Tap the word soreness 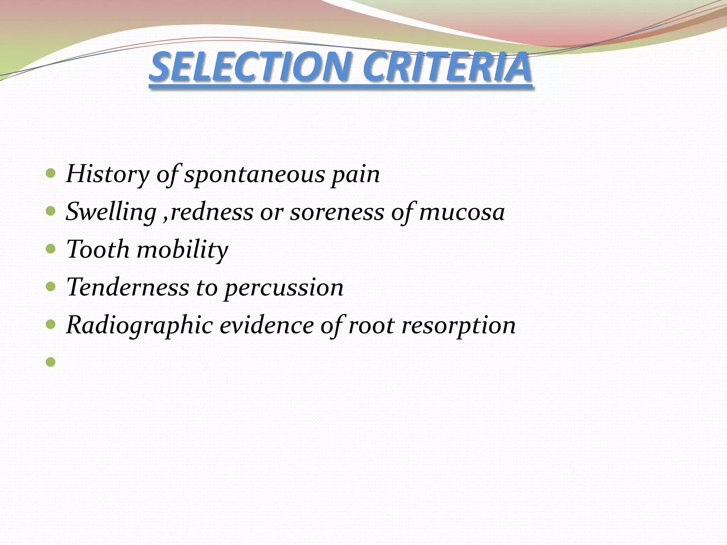(x=337, y=212)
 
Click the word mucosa (x=462, y=212)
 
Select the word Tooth (x=98, y=249)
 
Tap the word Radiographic (x=139, y=326)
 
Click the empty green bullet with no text (x=51, y=362)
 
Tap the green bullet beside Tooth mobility (x=51, y=249)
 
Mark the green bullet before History (x=51, y=174)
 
